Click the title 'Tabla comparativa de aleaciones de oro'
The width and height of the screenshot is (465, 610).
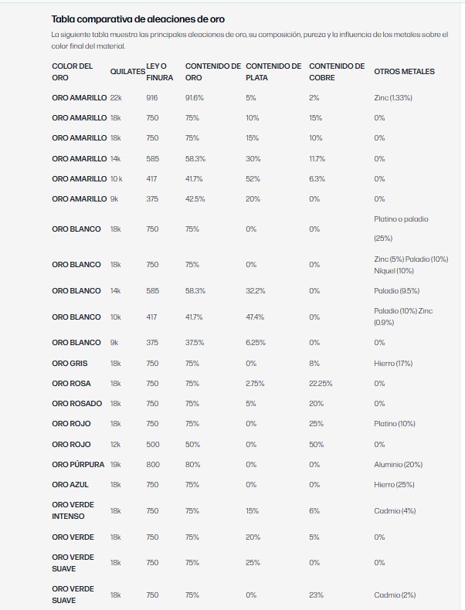[138, 19]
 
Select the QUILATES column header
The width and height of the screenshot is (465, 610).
[127, 72]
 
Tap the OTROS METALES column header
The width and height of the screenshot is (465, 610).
[404, 72]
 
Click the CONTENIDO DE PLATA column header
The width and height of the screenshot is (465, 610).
[273, 72]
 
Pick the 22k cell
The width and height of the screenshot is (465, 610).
[116, 98]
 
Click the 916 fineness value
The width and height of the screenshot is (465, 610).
[152, 98]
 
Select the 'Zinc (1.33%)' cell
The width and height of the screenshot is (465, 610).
[393, 98]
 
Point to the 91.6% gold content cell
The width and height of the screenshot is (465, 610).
[195, 98]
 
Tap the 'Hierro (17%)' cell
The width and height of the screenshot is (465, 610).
[393, 363]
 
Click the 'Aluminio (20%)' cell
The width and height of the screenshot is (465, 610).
[398, 465]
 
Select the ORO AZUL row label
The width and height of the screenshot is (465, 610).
[71, 485]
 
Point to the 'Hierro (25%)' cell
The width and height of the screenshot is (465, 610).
[394, 485]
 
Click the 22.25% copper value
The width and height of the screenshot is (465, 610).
[321, 384]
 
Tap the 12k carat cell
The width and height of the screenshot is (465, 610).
[116, 445]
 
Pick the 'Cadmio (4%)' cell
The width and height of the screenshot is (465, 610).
[395, 511]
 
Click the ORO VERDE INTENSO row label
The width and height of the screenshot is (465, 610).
[73, 510]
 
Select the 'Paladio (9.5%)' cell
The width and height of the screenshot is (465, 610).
[396, 291]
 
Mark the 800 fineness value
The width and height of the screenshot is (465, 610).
[152, 465]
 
